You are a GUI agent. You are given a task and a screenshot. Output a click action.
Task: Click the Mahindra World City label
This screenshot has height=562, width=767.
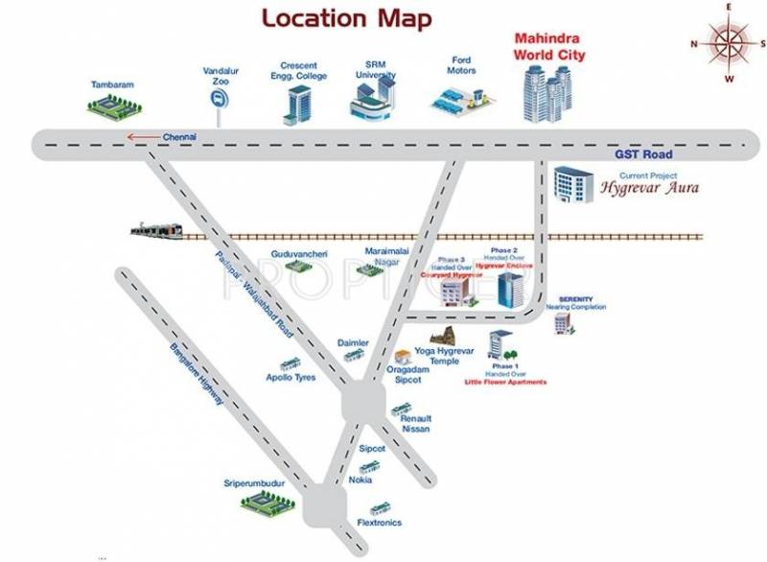point(549,48)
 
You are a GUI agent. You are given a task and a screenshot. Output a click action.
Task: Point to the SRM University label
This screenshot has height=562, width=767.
point(374,67)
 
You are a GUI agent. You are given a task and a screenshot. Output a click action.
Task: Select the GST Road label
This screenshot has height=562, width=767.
point(644,154)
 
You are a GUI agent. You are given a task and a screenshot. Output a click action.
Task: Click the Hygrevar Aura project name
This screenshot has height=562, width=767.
point(649,189)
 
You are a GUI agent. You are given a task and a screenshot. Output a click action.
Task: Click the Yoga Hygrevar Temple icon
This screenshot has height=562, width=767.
point(443,338)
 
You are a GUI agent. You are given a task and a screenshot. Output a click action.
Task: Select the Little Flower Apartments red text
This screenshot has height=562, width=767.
point(503,382)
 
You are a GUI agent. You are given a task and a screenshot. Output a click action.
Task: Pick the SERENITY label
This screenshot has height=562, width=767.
point(576,299)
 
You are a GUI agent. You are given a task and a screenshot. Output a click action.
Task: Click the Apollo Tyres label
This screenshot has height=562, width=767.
point(291,377)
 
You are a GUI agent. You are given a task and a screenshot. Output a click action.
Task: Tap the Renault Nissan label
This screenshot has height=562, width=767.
point(416,424)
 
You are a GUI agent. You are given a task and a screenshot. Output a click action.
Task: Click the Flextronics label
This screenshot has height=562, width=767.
point(379,523)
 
